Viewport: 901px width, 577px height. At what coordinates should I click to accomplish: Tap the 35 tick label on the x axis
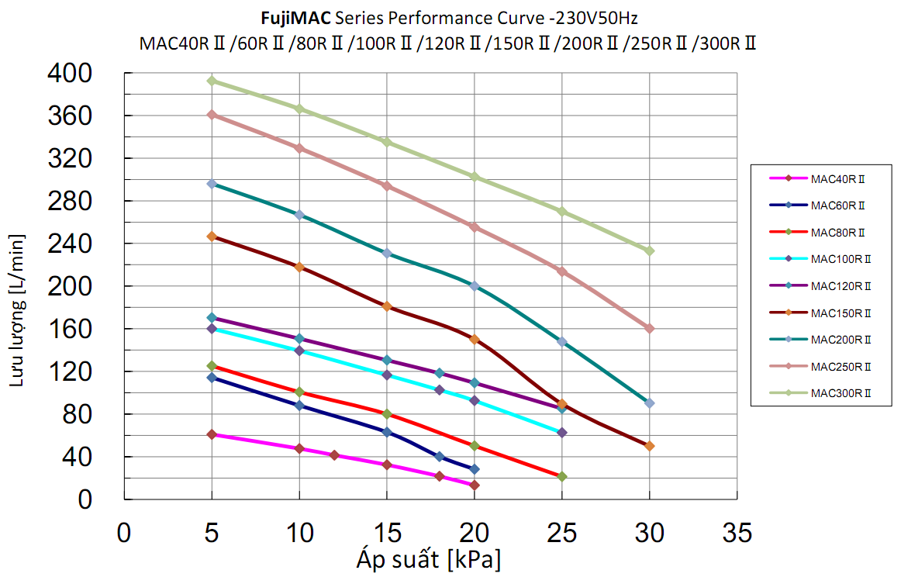pyautogui.click(x=737, y=533)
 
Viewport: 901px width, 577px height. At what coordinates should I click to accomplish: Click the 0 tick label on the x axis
pyautogui.click(x=123, y=533)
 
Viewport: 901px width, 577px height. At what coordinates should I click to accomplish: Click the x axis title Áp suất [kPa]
pyautogui.click(x=429, y=558)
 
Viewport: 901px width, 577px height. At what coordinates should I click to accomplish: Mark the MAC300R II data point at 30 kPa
pyautogui.click(x=649, y=250)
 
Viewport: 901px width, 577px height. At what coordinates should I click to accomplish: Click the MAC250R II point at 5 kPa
pyautogui.click(x=212, y=115)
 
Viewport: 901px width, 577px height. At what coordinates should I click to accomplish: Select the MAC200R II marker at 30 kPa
pyautogui.click(x=649, y=403)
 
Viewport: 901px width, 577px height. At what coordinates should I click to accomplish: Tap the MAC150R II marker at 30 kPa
pyautogui.click(x=649, y=446)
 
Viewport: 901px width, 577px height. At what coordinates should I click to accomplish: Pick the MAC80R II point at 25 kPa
pyautogui.click(x=562, y=476)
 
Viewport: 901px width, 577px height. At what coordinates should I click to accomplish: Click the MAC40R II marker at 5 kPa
pyautogui.click(x=212, y=434)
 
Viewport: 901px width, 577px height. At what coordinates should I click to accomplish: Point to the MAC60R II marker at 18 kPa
pyautogui.click(x=440, y=457)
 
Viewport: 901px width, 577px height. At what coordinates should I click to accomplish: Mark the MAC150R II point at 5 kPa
pyautogui.click(x=212, y=237)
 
